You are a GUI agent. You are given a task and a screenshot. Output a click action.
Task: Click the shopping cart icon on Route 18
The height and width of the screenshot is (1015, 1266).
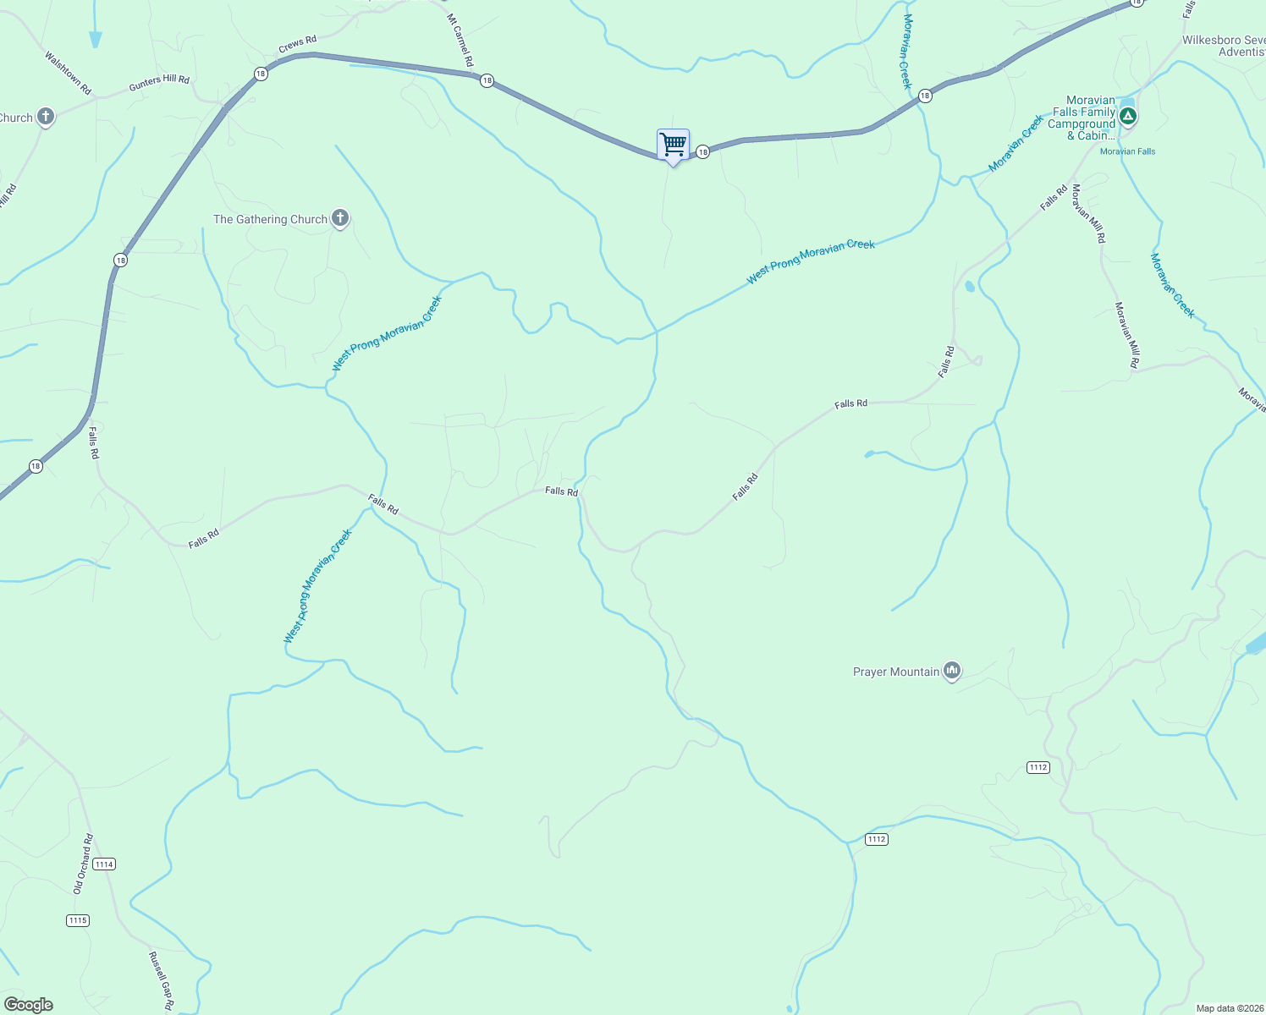(673, 145)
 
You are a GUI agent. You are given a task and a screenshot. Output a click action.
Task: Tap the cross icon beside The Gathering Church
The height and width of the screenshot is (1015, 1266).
(339, 218)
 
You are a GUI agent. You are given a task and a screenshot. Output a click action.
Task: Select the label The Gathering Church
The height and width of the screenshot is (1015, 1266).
(270, 220)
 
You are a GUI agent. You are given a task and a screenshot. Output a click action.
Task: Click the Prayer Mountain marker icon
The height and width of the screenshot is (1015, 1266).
(952, 672)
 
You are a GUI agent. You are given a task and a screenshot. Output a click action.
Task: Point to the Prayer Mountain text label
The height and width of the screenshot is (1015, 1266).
(896, 672)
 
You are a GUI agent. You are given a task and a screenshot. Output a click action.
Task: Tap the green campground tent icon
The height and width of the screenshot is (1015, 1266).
(1127, 115)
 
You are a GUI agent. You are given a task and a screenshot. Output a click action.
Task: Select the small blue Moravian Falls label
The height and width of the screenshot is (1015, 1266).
(1127, 151)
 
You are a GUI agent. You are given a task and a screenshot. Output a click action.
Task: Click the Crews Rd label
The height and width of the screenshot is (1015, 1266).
(297, 45)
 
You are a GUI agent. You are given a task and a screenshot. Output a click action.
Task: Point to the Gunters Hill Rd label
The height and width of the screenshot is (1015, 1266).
(159, 83)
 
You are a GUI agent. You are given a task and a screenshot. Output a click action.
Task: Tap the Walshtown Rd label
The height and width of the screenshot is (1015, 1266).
(68, 73)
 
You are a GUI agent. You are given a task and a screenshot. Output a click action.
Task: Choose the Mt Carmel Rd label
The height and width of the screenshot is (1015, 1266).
(460, 40)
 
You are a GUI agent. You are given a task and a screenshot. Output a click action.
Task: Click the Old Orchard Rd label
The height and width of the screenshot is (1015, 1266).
(82, 864)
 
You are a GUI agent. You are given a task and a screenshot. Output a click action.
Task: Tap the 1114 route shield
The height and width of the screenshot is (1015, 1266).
(104, 864)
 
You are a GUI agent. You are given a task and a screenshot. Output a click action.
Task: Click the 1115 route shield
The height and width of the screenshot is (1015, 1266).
(77, 920)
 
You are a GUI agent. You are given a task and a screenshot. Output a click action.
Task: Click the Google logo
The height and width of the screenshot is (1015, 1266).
(29, 1005)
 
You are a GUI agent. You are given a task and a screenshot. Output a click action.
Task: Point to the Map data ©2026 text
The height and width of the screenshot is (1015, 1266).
(1229, 1008)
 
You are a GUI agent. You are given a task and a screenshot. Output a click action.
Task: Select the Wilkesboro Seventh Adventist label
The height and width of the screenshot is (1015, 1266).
(1224, 46)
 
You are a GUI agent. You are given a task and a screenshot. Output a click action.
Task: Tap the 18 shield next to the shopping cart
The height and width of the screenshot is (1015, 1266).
(702, 152)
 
